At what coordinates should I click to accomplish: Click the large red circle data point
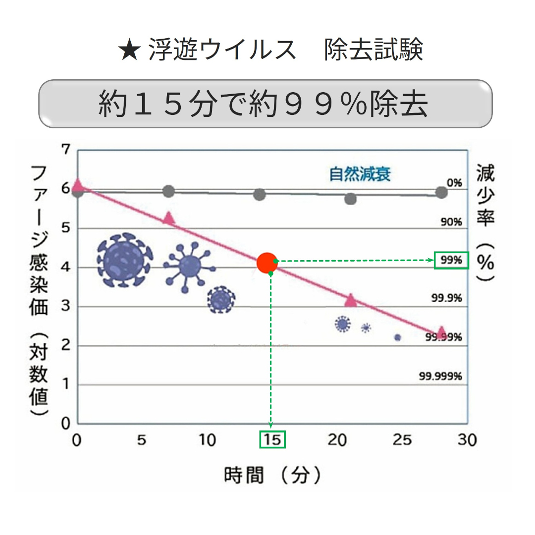pyautogui.click(x=267, y=263)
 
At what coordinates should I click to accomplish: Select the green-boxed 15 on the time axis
pyautogui.click(x=272, y=439)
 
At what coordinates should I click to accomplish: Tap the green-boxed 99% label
pyautogui.click(x=451, y=260)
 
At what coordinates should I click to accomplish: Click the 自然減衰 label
pyautogui.click(x=360, y=174)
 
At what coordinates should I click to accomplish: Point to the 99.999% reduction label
pyautogui.click(x=440, y=376)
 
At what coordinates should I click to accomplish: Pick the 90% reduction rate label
pyautogui.click(x=451, y=221)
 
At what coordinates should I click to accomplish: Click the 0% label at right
pyautogui.click(x=454, y=183)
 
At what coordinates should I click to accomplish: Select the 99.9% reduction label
pyautogui.click(x=447, y=298)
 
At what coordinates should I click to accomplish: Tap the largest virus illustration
pyautogui.click(x=124, y=260)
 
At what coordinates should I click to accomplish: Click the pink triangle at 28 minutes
pyautogui.click(x=441, y=332)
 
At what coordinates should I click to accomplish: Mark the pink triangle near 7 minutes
pyautogui.click(x=169, y=218)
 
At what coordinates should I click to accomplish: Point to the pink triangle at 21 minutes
pyautogui.click(x=351, y=300)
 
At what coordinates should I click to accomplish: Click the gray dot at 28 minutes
pyautogui.click(x=441, y=192)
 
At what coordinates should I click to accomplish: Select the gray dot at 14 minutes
pyautogui.click(x=260, y=194)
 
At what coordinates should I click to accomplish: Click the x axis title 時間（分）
pyautogui.click(x=272, y=476)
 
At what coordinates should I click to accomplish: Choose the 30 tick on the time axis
pyautogui.click(x=467, y=439)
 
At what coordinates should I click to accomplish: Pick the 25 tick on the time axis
pyautogui.click(x=402, y=439)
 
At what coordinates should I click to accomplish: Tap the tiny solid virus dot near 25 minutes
pyautogui.click(x=397, y=337)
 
